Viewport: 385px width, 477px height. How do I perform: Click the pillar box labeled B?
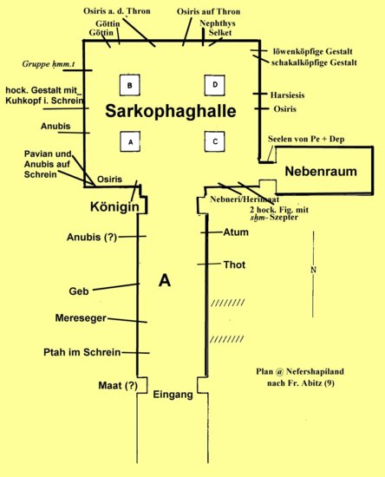click(x=130, y=85)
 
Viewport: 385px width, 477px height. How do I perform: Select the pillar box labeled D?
click(x=215, y=85)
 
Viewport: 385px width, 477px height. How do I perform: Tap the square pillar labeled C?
click(x=215, y=141)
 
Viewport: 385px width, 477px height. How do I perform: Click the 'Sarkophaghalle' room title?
click(x=171, y=111)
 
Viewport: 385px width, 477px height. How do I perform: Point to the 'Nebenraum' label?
click(x=321, y=172)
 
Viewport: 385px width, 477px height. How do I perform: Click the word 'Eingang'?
click(x=173, y=395)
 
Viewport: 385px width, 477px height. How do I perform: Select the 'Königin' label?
click(x=114, y=207)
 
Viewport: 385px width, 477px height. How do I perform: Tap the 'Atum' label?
click(x=236, y=232)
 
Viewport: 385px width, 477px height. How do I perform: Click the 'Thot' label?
click(x=234, y=265)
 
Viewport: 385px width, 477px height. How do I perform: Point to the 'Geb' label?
click(x=79, y=291)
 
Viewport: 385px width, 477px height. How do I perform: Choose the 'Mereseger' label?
click(x=81, y=318)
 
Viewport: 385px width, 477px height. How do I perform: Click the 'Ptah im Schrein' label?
click(x=82, y=352)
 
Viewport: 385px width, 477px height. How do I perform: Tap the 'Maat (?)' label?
click(x=118, y=386)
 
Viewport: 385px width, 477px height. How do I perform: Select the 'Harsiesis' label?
click(x=287, y=95)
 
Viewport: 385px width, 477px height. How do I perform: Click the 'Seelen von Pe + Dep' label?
click(x=306, y=140)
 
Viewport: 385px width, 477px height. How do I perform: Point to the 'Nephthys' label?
click(x=218, y=23)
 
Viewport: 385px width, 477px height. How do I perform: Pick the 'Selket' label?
click(x=220, y=33)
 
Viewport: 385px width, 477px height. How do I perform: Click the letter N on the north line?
click(x=314, y=270)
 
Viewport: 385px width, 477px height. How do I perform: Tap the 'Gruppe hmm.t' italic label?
click(x=49, y=64)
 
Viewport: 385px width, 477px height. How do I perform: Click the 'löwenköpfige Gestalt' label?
click(x=313, y=52)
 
